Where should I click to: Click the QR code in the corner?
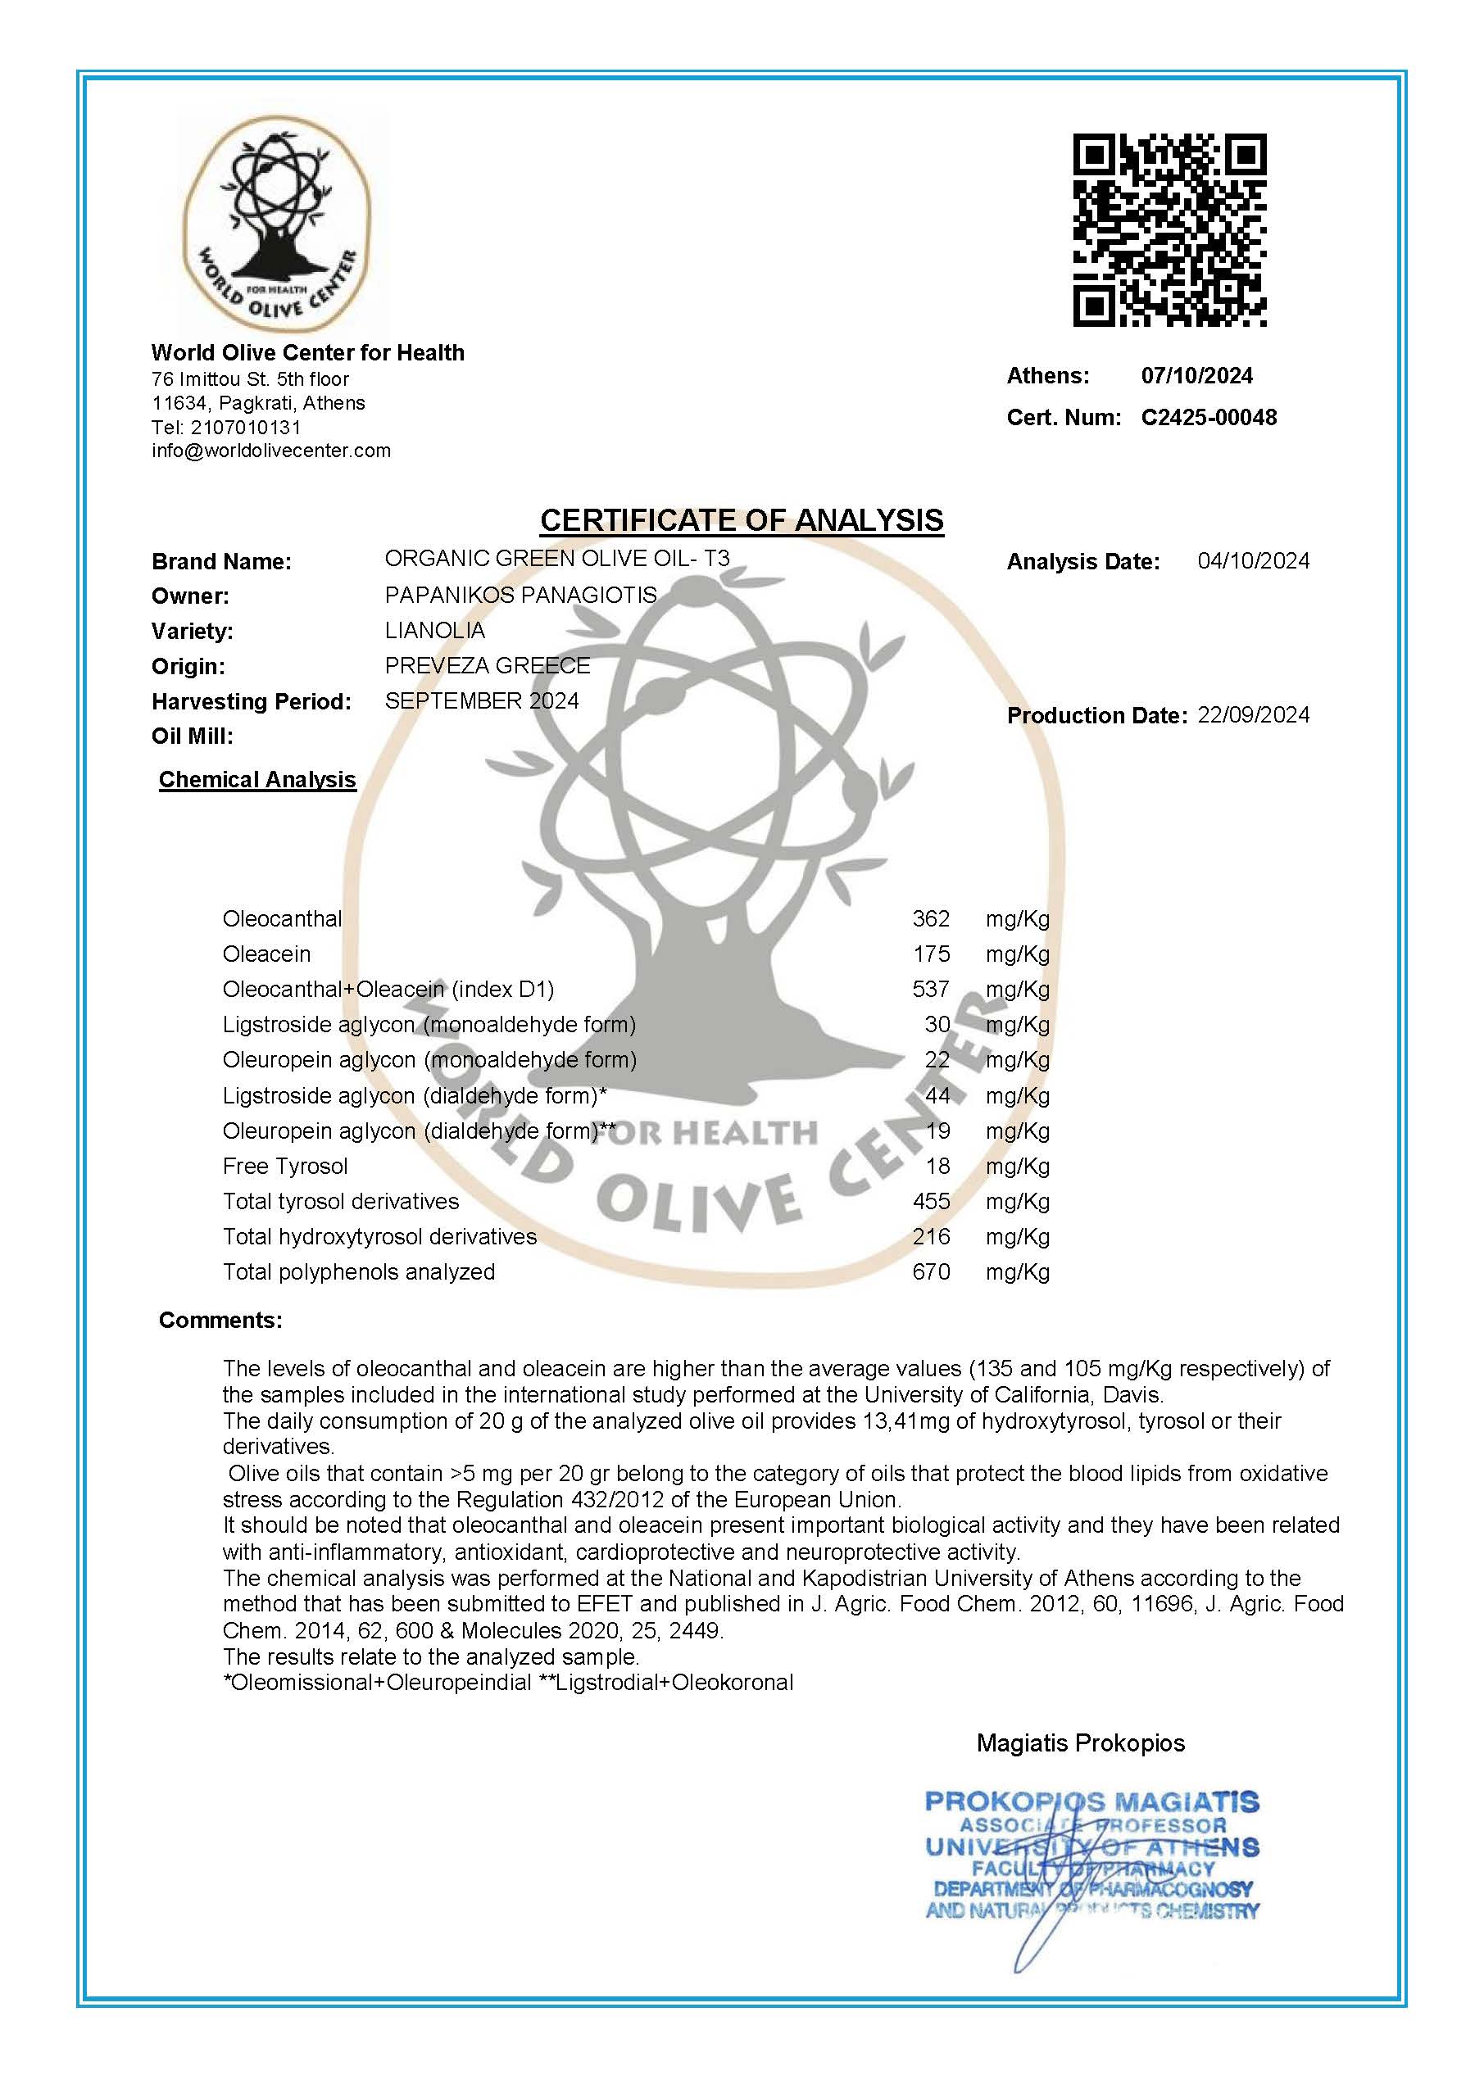[x=1169, y=230]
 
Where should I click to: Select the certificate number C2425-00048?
[x=1208, y=418]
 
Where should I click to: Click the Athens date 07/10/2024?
[x=1196, y=375]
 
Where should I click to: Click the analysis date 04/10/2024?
[x=1253, y=561]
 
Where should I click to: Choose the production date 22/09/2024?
[x=1253, y=714]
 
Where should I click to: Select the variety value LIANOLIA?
[x=435, y=631]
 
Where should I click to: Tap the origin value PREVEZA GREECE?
[x=487, y=665]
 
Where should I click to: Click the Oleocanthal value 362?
[x=930, y=918]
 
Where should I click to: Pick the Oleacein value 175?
[x=930, y=954]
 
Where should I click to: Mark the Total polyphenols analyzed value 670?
[x=930, y=1272]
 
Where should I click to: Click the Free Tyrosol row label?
[x=285, y=1166]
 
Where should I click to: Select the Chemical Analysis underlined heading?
[x=256, y=779]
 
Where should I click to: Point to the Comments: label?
[x=220, y=1320]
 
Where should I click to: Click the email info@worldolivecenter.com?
[x=271, y=451]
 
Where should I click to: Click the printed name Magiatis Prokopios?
[x=1080, y=1742]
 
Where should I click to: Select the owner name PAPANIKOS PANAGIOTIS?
[x=520, y=595]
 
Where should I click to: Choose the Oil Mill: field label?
[x=193, y=736]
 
